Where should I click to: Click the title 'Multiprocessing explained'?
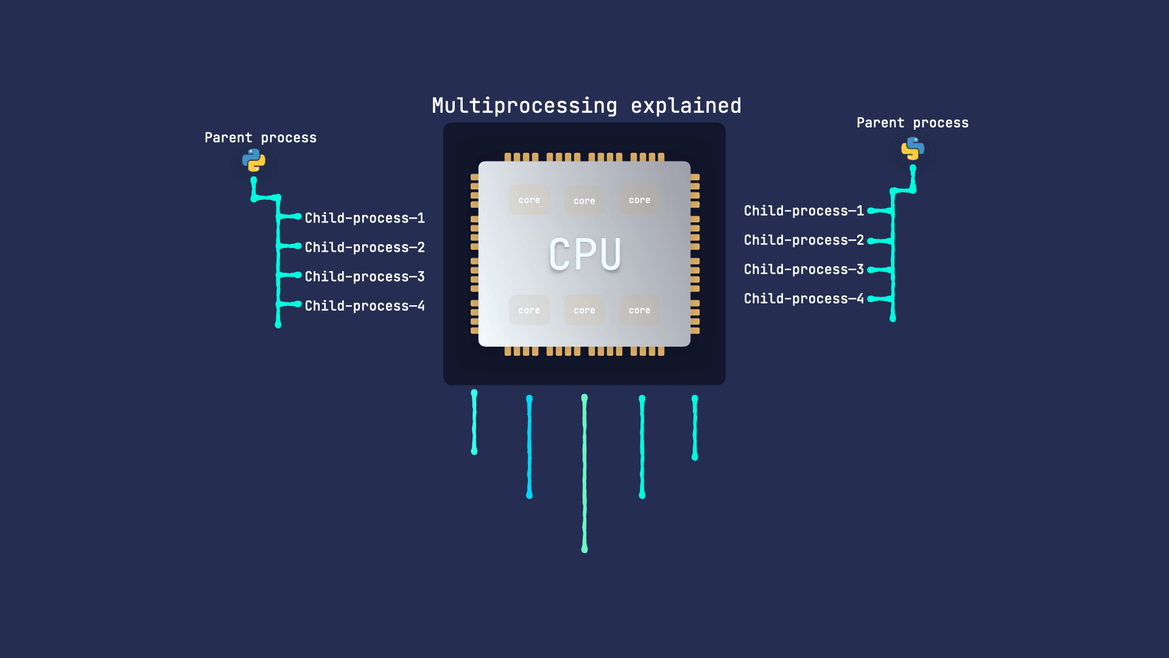[586, 106]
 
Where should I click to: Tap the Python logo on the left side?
[254, 160]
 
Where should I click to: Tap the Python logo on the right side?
[913, 148]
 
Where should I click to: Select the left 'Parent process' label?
[261, 138]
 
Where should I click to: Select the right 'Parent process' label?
[912, 123]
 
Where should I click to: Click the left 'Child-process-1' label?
[365, 218]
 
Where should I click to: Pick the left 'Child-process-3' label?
[365, 277]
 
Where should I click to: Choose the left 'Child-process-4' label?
[365, 306]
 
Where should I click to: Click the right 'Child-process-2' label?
[804, 240]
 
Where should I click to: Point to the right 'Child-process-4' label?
[804, 299]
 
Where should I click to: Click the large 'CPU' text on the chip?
[585, 254]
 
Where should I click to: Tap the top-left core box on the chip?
[529, 200]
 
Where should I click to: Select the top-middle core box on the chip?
[584, 201]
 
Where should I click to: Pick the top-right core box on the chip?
[639, 200]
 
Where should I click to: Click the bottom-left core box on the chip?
[529, 310]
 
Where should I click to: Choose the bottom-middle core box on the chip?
[584, 310]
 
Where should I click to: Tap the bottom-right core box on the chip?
[639, 310]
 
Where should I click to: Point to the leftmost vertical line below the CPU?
[474, 422]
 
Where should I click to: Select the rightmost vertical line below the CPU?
[695, 428]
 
